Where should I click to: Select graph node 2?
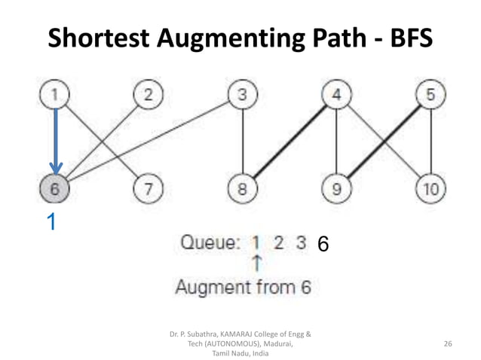pos(149,96)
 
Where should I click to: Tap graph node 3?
pos(242,96)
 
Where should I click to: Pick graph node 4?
pos(336,96)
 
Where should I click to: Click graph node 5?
pos(430,96)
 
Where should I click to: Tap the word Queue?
pos(210,243)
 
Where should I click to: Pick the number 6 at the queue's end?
pos(323,244)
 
